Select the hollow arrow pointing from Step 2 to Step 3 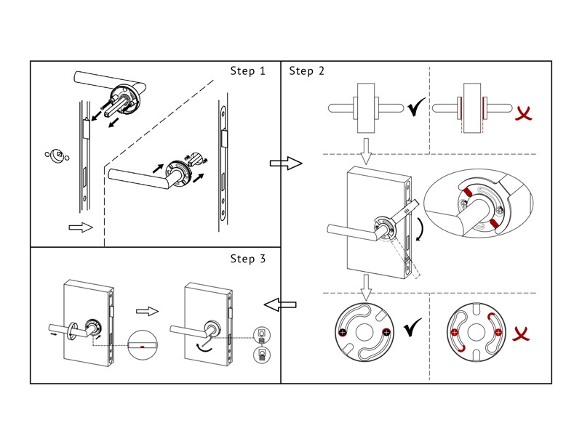click(280, 302)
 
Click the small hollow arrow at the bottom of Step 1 click(80, 228)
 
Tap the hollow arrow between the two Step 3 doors click(148, 311)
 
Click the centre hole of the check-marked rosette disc click(364, 332)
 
